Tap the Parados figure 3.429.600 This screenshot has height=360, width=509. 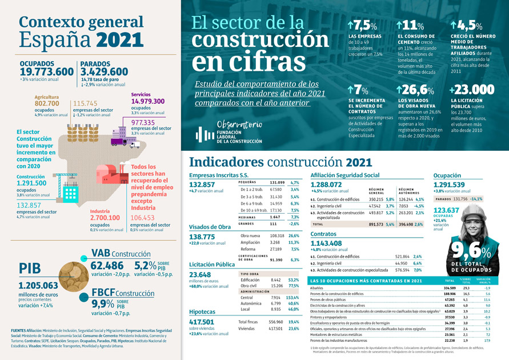[104, 71]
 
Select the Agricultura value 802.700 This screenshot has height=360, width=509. [47, 103]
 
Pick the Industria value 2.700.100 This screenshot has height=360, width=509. [105, 218]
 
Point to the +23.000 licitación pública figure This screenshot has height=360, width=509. [471, 90]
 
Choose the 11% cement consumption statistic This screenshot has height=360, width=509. [410, 26]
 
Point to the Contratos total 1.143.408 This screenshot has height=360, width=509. [334, 243]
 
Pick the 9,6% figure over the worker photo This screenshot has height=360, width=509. [470, 251]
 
